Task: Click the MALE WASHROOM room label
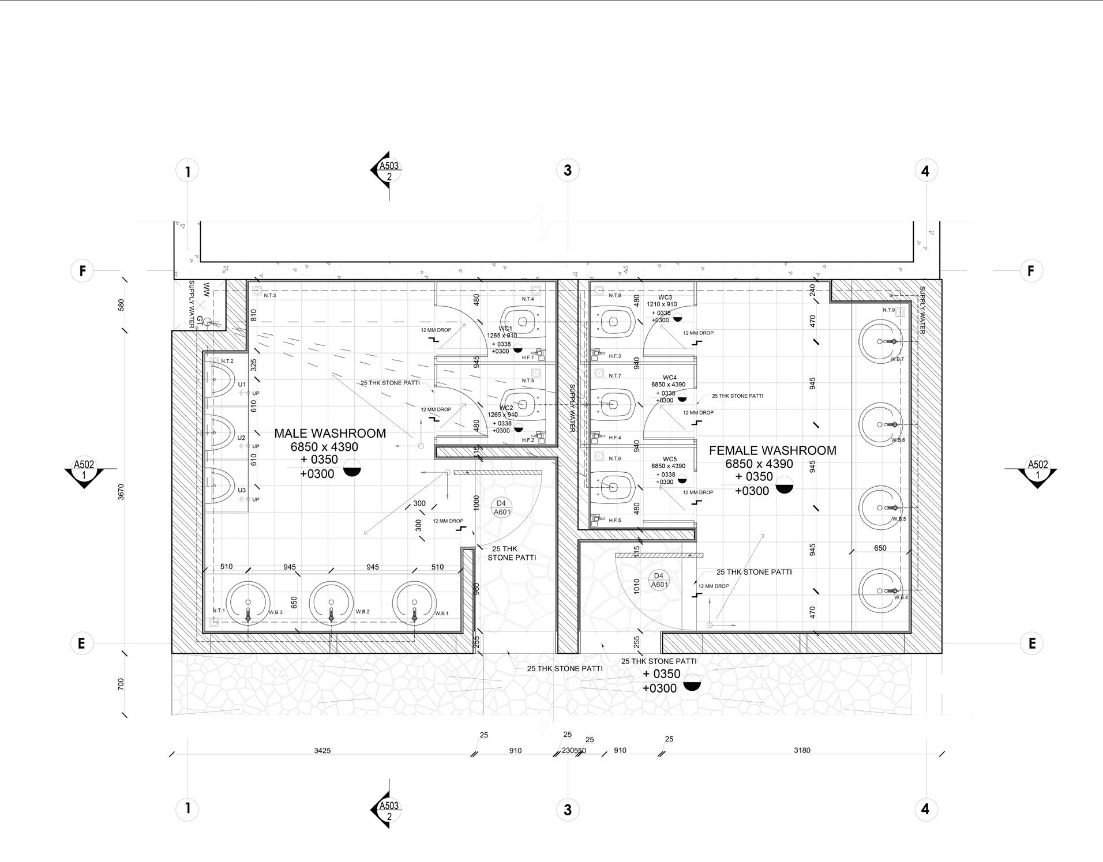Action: click(x=330, y=434)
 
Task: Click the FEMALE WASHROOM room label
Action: click(x=772, y=451)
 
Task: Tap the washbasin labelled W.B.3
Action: click(x=248, y=603)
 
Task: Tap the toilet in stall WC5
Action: click(x=613, y=488)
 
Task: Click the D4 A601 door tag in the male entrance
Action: click(x=502, y=507)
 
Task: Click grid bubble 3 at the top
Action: click(x=568, y=171)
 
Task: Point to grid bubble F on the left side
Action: click(x=82, y=270)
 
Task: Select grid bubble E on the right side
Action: click(x=1031, y=643)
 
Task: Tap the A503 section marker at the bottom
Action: click(x=388, y=810)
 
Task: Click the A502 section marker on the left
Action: click(x=84, y=469)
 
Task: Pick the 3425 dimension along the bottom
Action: click(x=322, y=751)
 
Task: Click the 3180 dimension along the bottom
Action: click(x=802, y=750)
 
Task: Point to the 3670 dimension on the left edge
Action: click(x=121, y=492)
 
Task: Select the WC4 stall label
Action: click(x=669, y=378)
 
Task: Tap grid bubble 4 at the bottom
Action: click(x=925, y=809)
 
